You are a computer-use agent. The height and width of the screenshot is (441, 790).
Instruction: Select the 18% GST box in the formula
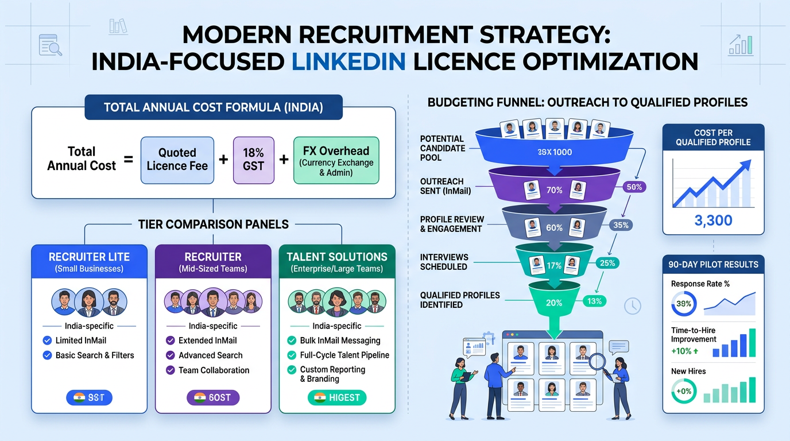[253, 159]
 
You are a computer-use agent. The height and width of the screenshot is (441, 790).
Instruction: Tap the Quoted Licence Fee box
[177, 159]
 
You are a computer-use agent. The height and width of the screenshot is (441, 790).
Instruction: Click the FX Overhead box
[336, 159]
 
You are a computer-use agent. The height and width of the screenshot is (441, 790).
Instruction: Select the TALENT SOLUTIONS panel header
[337, 261]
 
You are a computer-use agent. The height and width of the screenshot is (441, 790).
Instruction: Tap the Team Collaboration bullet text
[214, 370]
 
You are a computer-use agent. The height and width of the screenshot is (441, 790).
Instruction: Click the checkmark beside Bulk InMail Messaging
[292, 341]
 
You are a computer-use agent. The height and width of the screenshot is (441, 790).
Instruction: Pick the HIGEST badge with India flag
[337, 397]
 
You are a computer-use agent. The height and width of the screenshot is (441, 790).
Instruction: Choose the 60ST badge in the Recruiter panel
[213, 397]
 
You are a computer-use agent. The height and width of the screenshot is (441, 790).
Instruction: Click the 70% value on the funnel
[555, 190]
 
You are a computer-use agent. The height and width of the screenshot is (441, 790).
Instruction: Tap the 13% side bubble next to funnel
[595, 301]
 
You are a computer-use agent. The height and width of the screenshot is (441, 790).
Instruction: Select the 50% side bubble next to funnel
[634, 187]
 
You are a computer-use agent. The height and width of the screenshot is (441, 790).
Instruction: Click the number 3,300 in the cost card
[713, 221]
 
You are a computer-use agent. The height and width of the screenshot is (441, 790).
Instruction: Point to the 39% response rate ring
[684, 304]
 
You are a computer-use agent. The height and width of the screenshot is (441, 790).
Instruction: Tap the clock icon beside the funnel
[632, 306]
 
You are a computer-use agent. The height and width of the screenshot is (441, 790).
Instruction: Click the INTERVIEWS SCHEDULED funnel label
[444, 262]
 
